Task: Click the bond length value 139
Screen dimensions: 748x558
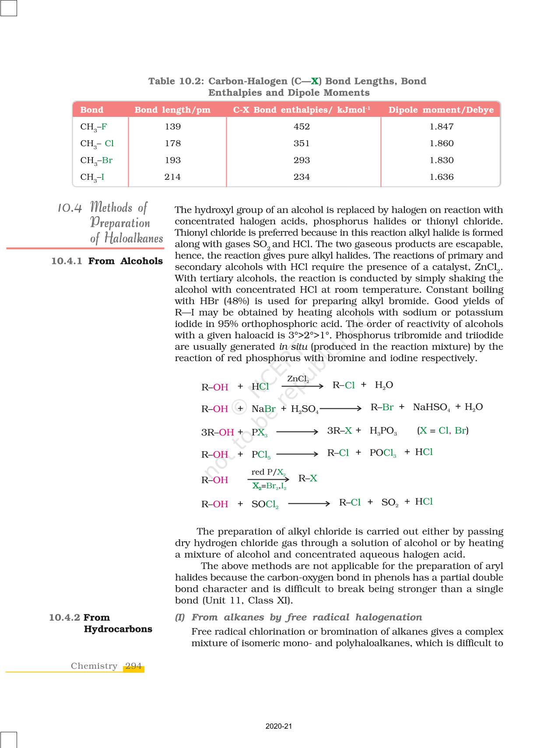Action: pos(173,126)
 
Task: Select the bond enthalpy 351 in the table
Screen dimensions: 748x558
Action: pos(302,143)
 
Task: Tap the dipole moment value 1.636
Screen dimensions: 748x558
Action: pos(441,177)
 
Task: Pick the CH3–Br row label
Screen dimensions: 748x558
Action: pos(96,160)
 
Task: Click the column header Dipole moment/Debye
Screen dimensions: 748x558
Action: pos(441,110)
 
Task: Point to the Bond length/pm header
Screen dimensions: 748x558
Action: pos(172,110)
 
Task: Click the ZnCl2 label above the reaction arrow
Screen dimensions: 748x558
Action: pos(298,379)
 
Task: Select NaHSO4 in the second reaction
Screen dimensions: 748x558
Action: pos(431,407)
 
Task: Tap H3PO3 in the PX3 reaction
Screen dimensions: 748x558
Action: pos(383,431)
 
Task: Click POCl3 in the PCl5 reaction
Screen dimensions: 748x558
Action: pos(383,453)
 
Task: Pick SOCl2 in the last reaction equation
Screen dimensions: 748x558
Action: pos(265,504)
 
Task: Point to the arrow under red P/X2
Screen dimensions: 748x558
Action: pos(268,479)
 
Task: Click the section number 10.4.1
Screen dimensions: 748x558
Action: pos(67,261)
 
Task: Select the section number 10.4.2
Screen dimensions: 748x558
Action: pos(64,618)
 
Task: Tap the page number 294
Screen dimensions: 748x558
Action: pos(133,666)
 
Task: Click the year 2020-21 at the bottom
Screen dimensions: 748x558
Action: pos(278,726)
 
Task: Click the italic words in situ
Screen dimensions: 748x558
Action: pos(293,347)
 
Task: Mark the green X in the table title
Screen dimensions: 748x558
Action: pos(314,81)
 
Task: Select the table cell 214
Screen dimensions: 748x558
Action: pos(173,177)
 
